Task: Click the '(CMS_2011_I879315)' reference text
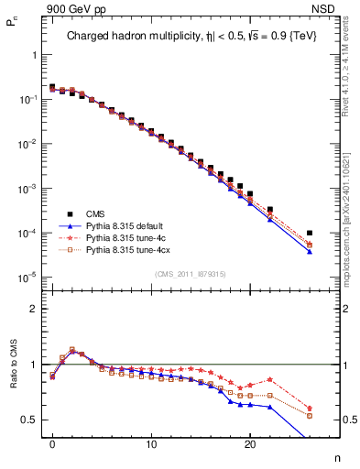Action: [190, 274]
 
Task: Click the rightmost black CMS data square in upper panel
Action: [310, 233]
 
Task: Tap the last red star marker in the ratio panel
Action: [310, 409]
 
